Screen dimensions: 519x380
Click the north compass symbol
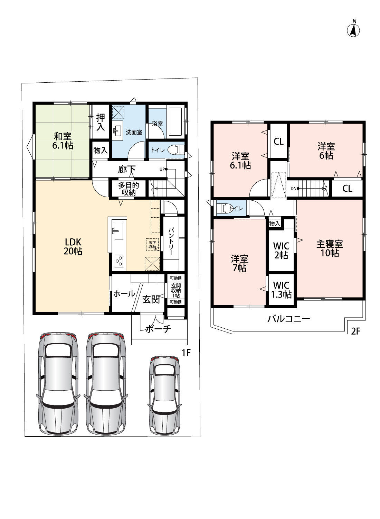[x=353, y=30]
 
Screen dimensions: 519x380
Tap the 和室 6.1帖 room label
[x=63, y=140]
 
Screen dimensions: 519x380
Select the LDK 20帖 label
[x=73, y=246]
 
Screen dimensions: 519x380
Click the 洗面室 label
[x=134, y=132]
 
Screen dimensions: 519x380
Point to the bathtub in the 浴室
[x=175, y=122]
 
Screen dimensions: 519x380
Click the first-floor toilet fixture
[x=175, y=150]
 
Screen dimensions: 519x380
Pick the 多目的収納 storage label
[x=129, y=189]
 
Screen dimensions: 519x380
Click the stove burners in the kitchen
[x=118, y=260]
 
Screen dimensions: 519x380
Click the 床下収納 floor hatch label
[x=152, y=245]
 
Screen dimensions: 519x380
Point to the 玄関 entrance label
[x=151, y=299]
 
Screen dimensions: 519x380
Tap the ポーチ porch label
[x=158, y=328]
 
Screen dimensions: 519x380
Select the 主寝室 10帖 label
[x=330, y=248]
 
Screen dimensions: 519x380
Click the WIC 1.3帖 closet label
[x=282, y=290]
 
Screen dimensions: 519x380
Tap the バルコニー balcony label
[x=289, y=319]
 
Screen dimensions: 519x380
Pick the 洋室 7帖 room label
[x=239, y=263]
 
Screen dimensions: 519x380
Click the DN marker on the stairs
[x=293, y=189]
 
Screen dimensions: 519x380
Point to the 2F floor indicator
[x=355, y=331]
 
